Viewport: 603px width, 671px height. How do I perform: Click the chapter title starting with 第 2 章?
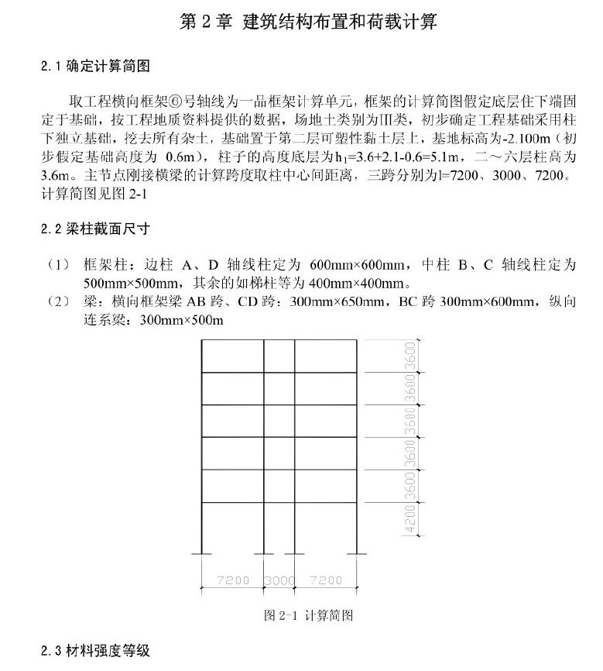(x=308, y=22)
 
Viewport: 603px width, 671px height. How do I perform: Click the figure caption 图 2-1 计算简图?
(x=309, y=616)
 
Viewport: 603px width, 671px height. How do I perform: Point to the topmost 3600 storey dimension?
(x=410, y=356)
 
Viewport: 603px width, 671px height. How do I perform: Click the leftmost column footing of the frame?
(x=202, y=554)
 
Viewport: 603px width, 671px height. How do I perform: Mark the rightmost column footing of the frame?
(x=357, y=554)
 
